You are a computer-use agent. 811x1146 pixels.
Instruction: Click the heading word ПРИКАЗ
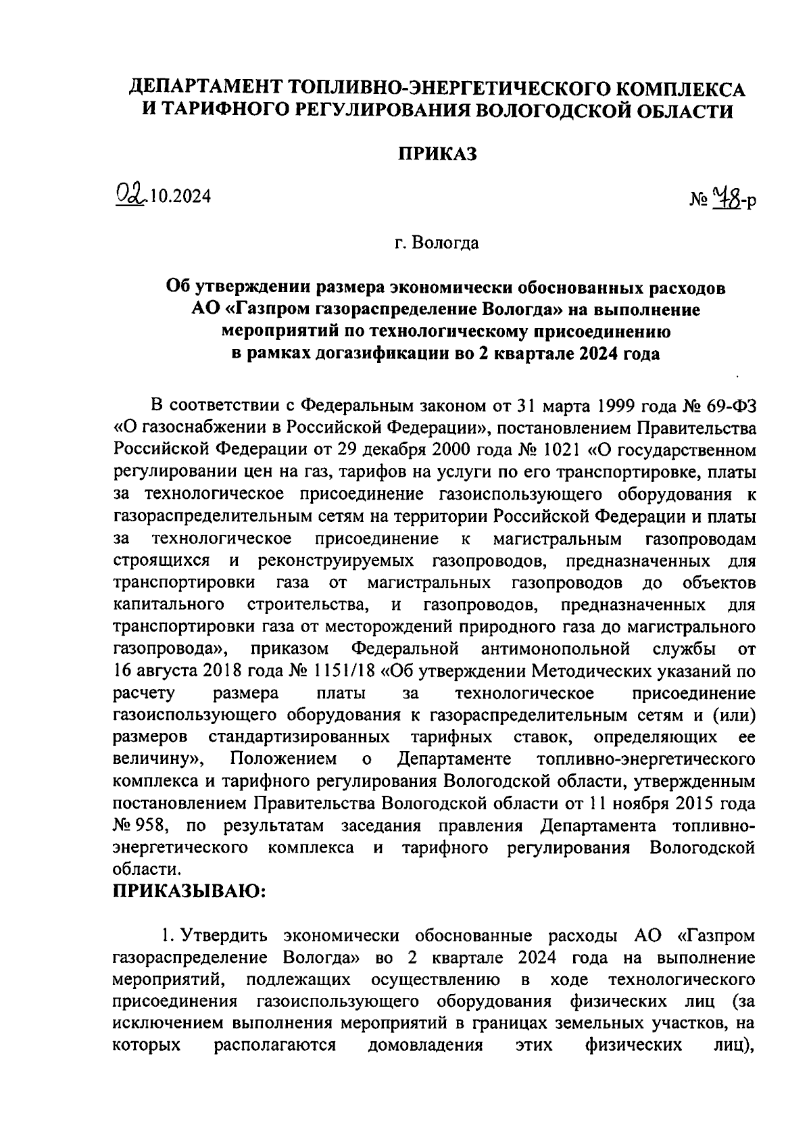pyautogui.click(x=436, y=154)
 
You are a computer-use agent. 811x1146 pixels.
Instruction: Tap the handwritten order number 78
pyautogui.click(x=727, y=199)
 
